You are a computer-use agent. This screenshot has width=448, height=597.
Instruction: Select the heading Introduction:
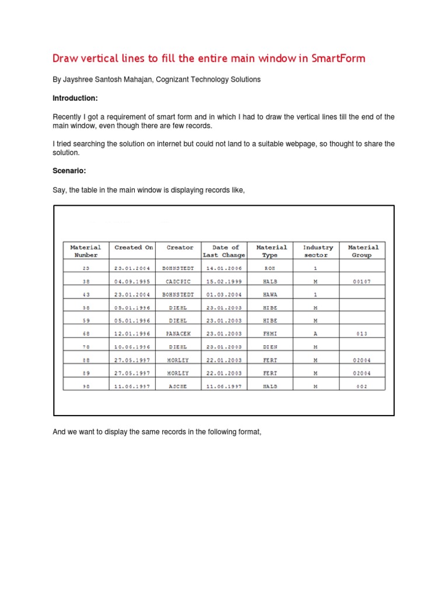[x=75, y=98]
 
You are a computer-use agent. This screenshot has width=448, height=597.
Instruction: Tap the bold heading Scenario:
[x=70, y=171]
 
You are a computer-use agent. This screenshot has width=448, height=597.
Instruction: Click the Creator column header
[x=180, y=248]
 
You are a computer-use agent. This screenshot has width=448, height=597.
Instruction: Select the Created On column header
[x=134, y=248]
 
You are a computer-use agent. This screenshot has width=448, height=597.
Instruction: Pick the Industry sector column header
[x=318, y=251]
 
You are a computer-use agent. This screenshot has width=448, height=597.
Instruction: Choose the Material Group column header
[x=363, y=251]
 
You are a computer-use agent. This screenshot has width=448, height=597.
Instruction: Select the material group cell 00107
[x=362, y=282]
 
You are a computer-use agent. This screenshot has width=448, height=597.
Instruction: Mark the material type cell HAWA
[x=269, y=295]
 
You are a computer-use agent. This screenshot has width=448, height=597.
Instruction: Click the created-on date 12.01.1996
[x=132, y=333]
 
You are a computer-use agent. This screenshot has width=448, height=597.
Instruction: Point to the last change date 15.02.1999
[x=225, y=282]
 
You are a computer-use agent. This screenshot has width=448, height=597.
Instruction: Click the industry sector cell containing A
[x=316, y=333]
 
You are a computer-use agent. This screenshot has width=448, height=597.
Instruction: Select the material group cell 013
[x=362, y=333]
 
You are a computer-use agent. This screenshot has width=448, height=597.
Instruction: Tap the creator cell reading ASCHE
[x=178, y=386]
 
